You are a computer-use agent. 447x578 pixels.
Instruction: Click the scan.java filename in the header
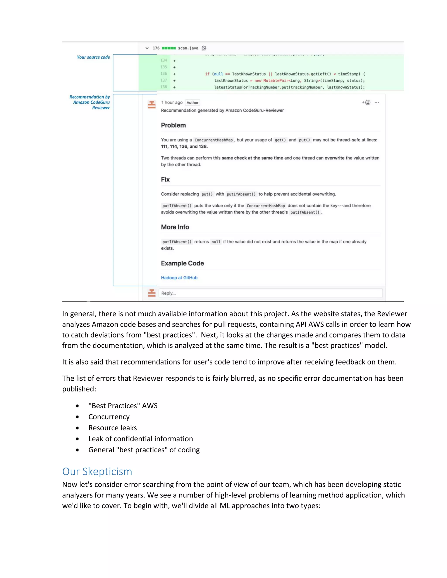tap(188, 48)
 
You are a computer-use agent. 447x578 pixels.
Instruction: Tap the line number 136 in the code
tap(164, 74)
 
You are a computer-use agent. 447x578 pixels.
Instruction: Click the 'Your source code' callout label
tap(93, 57)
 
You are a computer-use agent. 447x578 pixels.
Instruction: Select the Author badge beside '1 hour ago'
tap(193, 103)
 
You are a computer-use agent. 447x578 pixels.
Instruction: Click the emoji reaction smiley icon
tap(368, 103)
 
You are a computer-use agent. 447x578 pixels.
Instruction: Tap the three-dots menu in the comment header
tap(377, 103)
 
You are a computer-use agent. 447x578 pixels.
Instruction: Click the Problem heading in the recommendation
tap(174, 125)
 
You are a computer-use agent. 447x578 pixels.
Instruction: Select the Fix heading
tap(165, 180)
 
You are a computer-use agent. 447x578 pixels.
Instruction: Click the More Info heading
tap(175, 227)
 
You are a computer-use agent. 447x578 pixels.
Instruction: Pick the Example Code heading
tap(182, 263)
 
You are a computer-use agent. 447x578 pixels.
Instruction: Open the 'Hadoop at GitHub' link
tap(179, 278)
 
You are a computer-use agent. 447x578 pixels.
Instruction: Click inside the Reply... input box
tap(270, 293)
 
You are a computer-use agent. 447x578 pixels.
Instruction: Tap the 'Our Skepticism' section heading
tap(97, 471)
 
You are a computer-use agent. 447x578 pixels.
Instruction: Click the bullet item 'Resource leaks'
tap(113, 428)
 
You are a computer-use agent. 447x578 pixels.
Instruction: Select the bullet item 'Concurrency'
tap(109, 417)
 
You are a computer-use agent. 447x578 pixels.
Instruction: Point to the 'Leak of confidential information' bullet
tap(141, 439)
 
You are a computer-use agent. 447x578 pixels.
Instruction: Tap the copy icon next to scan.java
tap(204, 48)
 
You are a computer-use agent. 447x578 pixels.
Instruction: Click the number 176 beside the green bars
tap(156, 48)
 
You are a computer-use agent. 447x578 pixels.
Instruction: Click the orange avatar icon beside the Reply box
tap(152, 293)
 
